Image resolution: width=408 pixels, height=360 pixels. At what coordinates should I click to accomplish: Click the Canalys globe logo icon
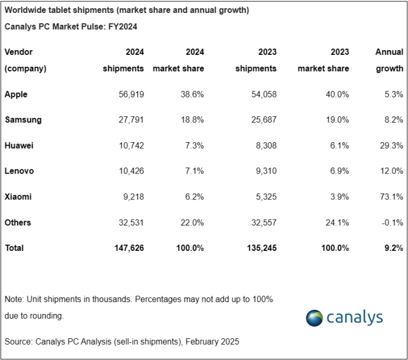(315, 318)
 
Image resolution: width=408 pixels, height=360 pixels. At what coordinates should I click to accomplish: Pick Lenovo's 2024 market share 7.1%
(193, 171)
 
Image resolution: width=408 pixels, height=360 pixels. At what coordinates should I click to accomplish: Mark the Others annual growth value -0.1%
(392, 222)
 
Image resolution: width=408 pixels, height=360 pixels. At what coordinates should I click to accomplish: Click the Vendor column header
(18, 52)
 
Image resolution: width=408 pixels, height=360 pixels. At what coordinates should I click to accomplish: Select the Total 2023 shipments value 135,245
(259, 248)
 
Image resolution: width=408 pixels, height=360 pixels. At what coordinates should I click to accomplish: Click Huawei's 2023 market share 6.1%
(338, 146)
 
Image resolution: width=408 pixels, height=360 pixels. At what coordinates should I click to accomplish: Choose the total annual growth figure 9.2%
(394, 248)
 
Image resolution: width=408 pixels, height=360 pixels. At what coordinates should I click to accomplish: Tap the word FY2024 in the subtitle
(121, 27)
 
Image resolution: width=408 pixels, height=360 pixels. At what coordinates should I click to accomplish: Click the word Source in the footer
(18, 341)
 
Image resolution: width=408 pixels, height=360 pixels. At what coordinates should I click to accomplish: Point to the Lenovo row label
(19, 171)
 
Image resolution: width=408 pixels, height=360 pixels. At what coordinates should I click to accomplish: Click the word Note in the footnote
(14, 299)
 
